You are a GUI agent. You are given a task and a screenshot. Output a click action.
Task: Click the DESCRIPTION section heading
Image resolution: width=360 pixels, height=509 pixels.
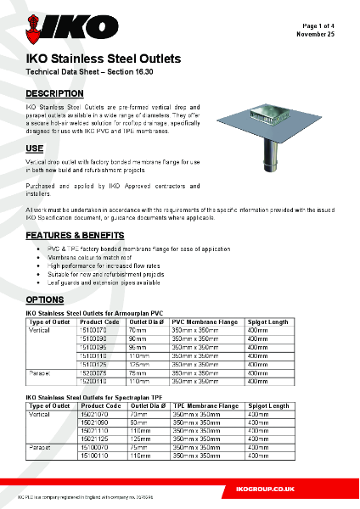(x=54, y=92)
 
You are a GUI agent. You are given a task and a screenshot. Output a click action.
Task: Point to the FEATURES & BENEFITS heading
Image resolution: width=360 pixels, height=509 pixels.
(x=76, y=235)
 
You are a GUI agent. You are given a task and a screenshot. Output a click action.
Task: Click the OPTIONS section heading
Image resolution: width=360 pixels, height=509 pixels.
(x=44, y=300)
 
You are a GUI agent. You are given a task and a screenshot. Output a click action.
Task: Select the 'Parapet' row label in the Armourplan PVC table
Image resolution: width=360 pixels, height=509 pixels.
(x=40, y=372)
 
